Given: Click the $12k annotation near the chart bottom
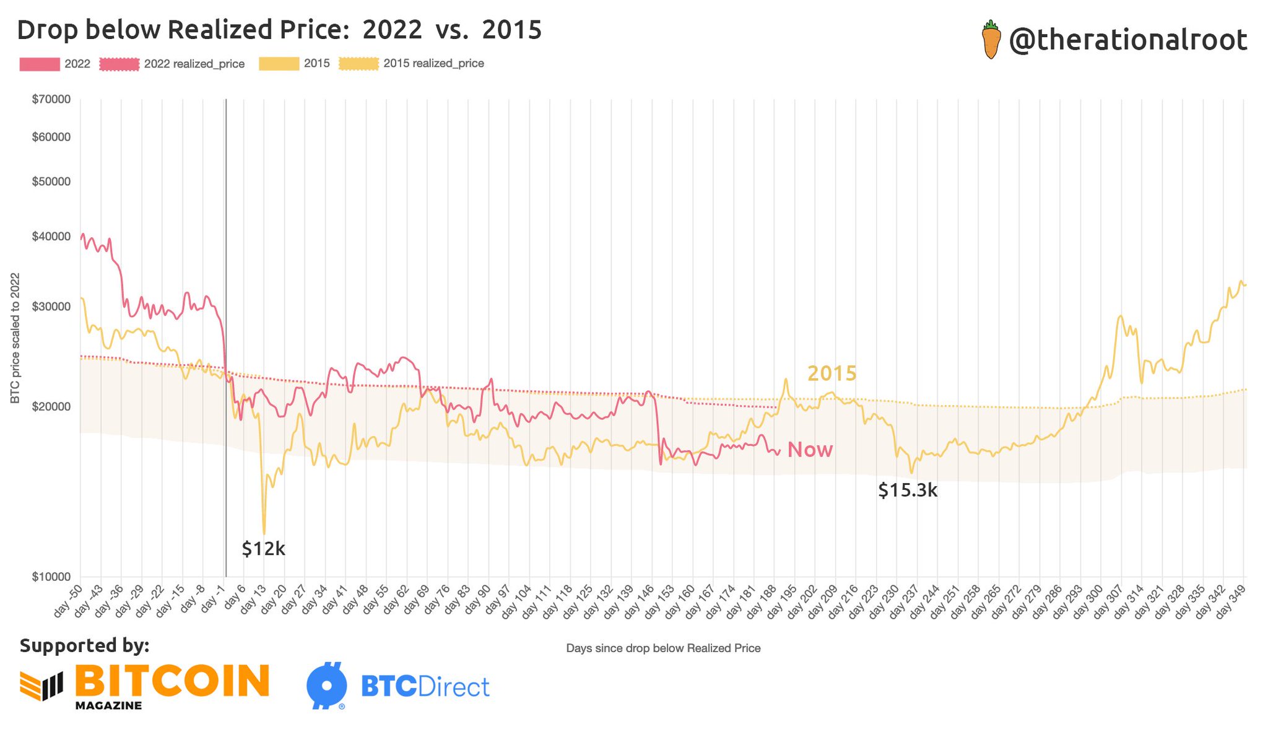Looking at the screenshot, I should pos(263,549).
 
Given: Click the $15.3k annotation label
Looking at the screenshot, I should pos(908,491).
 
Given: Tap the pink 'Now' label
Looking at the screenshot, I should pos(810,450).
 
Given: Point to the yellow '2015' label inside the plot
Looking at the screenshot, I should pos(832,373).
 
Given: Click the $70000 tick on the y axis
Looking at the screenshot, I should pos(51,99).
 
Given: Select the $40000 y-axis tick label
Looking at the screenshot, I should pos(51,237).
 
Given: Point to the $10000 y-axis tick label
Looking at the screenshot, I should pos(51,577).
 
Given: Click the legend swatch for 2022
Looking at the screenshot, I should pos(40,64).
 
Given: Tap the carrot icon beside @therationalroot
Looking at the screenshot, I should pos(991,40).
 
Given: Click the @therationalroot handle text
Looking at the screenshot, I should pos(1127,41).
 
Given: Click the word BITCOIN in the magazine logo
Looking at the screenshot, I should pos(172,681).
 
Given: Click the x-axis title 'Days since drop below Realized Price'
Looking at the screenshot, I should pos(663,648).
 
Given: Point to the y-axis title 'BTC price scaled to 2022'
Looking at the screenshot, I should pos(15,338).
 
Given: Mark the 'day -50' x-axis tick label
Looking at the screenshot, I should pos(68,601).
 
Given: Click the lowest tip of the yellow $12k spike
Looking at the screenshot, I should pos(264,533).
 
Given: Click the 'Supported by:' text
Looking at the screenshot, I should pos(84,645).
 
